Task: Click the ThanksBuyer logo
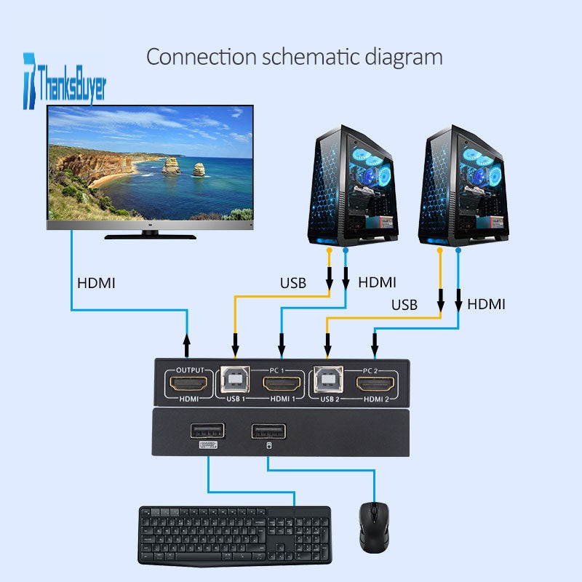point(65,81)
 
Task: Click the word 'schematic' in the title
point(311,57)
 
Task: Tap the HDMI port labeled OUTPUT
point(188,383)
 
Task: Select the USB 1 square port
point(235,380)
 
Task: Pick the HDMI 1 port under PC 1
point(282,384)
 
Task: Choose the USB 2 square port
point(328,380)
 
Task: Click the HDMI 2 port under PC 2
point(375,384)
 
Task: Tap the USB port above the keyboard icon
point(207,431)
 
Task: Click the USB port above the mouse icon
point(268,431)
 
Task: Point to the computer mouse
point(374,527)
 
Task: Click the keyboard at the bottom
point(235,535)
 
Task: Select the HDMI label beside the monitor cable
point(96,283)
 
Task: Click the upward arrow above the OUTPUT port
point(187,345)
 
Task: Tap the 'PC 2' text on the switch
point(370,370)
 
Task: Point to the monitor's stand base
point(151,236)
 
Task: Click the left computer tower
point(353,186)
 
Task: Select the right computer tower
point(463,186)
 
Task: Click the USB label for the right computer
point(404,305)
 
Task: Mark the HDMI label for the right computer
point(486,304)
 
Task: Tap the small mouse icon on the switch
point(269,445)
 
